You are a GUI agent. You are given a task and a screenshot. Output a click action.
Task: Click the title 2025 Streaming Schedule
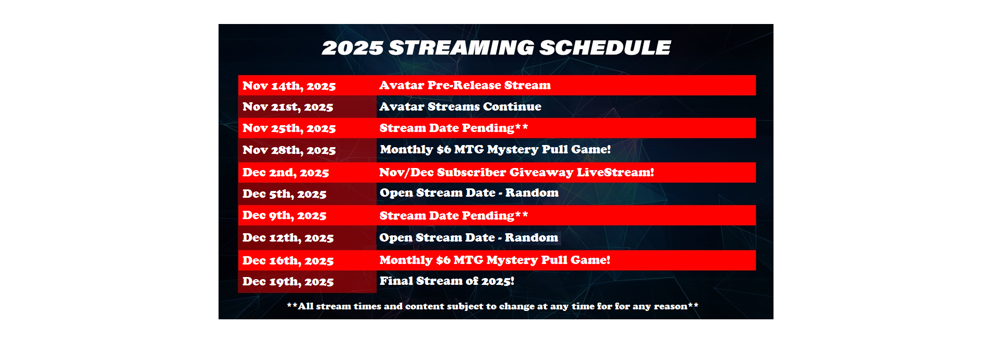(496, 47)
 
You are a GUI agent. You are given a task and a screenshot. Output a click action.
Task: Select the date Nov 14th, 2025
(289, 86)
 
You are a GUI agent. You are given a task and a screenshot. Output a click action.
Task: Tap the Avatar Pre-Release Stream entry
(465, 85)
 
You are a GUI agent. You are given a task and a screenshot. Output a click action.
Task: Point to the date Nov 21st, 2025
(288, 107)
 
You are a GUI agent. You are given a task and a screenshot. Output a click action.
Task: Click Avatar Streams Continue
(460, 106)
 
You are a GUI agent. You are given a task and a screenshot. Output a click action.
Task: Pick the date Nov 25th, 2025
(289, 128)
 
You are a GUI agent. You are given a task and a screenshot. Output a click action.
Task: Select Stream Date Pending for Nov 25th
(454, 128)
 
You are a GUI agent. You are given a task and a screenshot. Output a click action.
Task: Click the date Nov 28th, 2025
(289, 150)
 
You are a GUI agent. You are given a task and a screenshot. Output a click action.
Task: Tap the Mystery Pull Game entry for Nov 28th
(495, 149)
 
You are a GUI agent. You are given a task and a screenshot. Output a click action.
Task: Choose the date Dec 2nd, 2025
(286, 173)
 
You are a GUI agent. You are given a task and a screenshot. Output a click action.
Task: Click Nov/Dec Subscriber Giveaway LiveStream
(516, 172)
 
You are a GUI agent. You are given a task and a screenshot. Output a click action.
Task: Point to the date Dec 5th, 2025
(284, 194)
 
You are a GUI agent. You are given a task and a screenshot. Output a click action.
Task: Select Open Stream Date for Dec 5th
(469, 193)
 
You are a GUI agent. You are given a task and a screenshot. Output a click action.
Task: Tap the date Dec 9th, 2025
(284, 215)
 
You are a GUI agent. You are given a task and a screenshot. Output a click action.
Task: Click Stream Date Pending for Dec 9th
(454, 215)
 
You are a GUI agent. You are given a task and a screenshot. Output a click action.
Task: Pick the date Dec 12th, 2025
(288, 238)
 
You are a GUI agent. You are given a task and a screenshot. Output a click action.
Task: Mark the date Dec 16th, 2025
(288, 261)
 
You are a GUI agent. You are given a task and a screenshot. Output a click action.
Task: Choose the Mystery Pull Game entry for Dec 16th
(494, 260)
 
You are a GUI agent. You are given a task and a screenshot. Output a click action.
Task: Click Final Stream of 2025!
(447, 281)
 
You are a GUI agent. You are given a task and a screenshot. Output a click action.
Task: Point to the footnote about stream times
(492, 306)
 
